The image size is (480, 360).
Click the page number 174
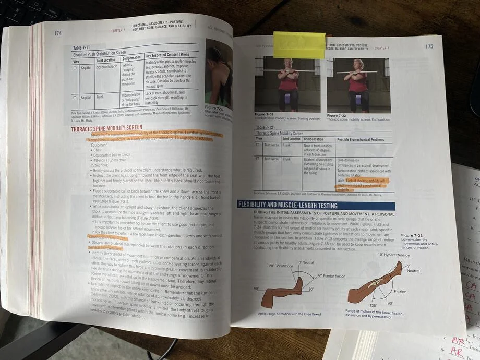(x=58, y=33)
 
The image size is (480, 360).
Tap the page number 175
(x=428, y=46)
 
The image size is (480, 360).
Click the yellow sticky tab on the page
(x=299, y=45)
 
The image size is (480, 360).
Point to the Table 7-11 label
(x=82, y=47)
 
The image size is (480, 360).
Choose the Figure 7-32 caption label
(x=337, y=115)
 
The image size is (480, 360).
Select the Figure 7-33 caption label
(x=412, y=235)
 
